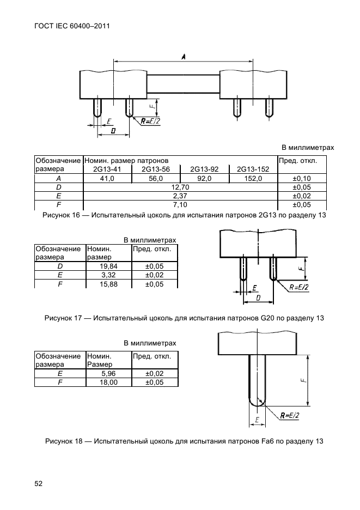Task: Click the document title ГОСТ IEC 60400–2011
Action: pos(71,26)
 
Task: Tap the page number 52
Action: pos(38,484)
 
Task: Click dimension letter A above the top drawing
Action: pos(184,57)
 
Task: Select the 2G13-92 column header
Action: pos(204,169)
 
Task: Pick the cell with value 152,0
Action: pos(253,178)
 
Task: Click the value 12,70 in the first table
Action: pos(180,187)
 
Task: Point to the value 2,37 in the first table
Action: pos(180,196)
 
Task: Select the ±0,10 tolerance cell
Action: pos(302,178)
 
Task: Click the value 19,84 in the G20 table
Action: pos(108,266)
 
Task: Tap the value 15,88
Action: pos(108,284)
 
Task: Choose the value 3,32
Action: pos(108,275)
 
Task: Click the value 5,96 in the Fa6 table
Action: pos(108,373)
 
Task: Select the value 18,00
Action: pos(108,382)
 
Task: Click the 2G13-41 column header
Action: pos(107,169)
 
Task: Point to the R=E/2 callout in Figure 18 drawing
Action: pos(289,415)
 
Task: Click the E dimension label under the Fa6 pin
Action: pos(257,420)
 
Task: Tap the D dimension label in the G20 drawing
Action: pos(258,297)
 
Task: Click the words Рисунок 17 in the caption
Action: pos(63,318)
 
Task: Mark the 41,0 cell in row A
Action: pos(107,178)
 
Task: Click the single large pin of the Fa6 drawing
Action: pos(257,380)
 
